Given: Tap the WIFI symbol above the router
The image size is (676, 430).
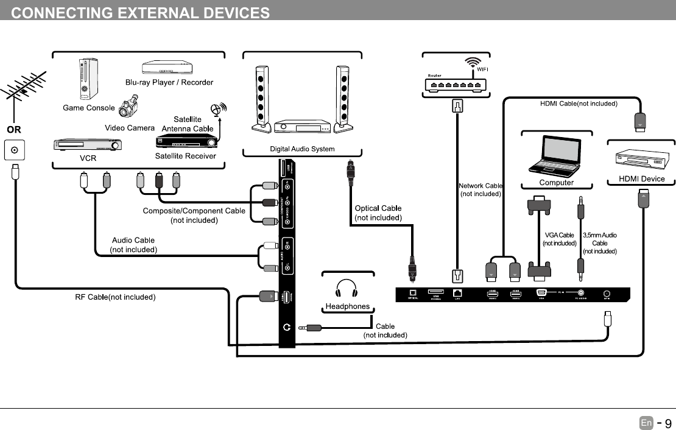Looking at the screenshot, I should click(473, 63).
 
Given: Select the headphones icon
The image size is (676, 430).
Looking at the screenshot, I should click(347, 289).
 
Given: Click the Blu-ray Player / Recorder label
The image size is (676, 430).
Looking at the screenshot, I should click(169, 82).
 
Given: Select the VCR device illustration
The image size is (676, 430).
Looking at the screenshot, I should click(88, 145).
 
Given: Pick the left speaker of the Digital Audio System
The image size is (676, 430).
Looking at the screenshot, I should click(261, 97).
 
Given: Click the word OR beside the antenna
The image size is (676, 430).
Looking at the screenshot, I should click(14, 130).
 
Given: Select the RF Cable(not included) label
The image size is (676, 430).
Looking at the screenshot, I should click(116, 297).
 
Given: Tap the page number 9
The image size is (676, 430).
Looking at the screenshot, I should click(667, 423).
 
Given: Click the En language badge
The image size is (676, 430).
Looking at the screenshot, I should click(646, 423).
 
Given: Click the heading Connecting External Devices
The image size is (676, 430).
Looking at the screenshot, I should click(141, 13).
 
